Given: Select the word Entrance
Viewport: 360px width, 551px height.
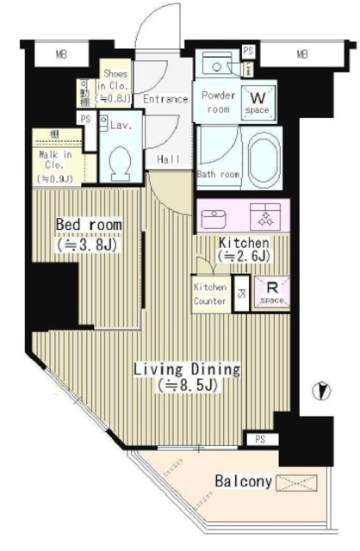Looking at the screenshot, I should (164, 99).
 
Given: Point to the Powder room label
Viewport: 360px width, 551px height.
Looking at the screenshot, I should (218, 101).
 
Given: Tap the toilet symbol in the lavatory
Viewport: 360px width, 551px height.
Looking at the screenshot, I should (121, 159).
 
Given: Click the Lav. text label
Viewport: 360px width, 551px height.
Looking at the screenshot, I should (120, 125).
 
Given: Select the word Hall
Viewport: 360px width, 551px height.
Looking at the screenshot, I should (169, 158).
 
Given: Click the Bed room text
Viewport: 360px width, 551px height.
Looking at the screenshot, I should (87, 232).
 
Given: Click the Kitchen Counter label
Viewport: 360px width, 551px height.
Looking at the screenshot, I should (210, 294).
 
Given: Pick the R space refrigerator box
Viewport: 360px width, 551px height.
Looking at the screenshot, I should (270, 293).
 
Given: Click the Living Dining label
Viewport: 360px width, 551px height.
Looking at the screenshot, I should (186, 376).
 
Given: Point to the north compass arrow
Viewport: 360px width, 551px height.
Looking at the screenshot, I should (322, 391).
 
